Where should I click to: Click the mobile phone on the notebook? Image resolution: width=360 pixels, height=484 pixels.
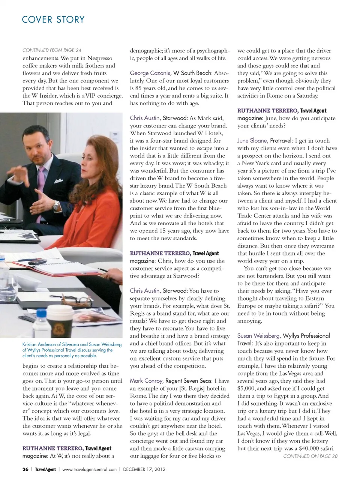point(31,262)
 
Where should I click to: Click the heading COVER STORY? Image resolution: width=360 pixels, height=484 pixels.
point(53,20)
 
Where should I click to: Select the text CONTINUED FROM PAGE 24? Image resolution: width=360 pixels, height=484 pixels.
point(52,50)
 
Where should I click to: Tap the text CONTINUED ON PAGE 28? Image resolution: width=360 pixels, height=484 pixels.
point(310,456)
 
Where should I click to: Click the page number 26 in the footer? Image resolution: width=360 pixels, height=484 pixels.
point(25,469)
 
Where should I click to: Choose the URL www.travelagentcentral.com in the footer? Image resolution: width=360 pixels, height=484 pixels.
point(90,469)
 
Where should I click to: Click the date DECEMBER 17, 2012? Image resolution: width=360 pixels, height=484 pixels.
point(144,469)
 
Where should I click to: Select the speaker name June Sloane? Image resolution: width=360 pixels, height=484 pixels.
point(252,140)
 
